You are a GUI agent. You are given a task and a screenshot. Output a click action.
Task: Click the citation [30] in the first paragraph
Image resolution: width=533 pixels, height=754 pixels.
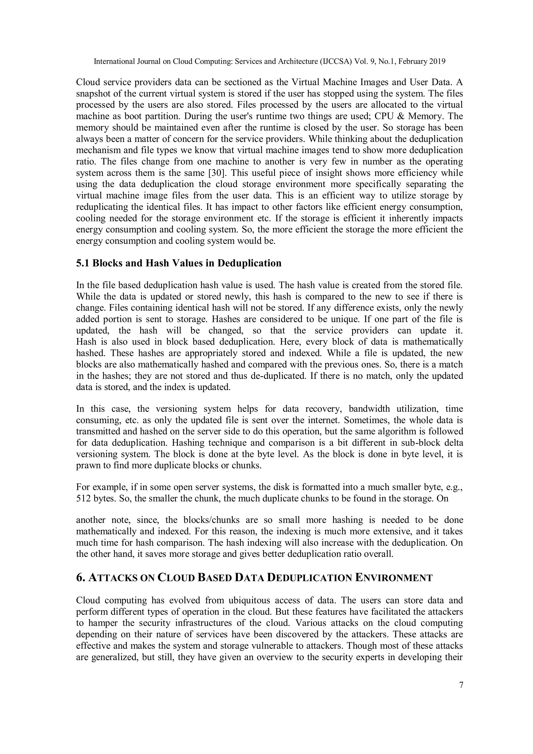(218, 173)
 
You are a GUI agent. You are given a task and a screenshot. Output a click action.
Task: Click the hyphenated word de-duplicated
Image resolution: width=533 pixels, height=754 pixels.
(278, 376)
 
